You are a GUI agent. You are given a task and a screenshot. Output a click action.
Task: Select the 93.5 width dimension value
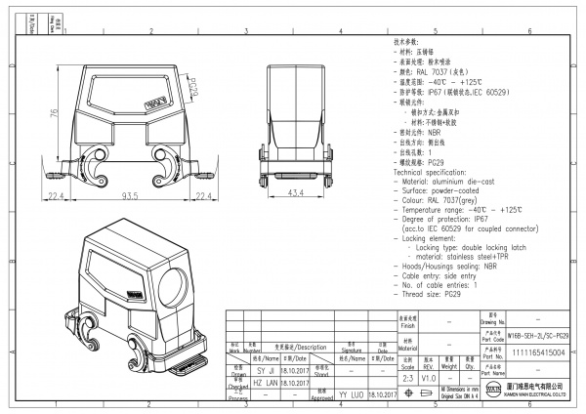[x=128, y=197]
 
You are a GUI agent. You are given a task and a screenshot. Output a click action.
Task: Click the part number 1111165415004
[x=534, y=355]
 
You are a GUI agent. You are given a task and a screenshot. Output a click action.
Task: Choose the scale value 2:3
[x=406, y=376]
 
